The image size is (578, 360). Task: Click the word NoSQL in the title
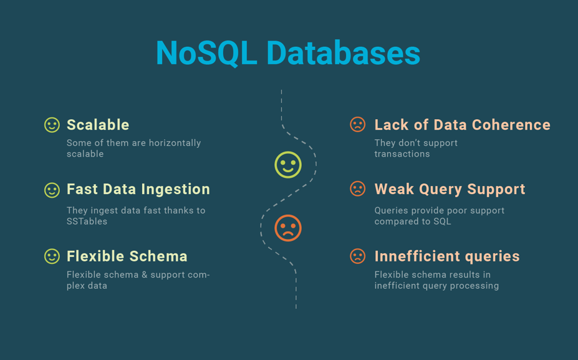point(206,54)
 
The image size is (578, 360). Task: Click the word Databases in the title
point(343,53)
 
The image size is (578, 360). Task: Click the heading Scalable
point(98,125)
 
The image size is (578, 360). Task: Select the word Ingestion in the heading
point(175,190)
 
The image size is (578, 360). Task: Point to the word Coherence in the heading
point(511,125)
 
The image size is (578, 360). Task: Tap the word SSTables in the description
point(87,221)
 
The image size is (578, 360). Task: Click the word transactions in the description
point(402,154)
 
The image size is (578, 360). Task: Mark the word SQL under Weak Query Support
point(443,221)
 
